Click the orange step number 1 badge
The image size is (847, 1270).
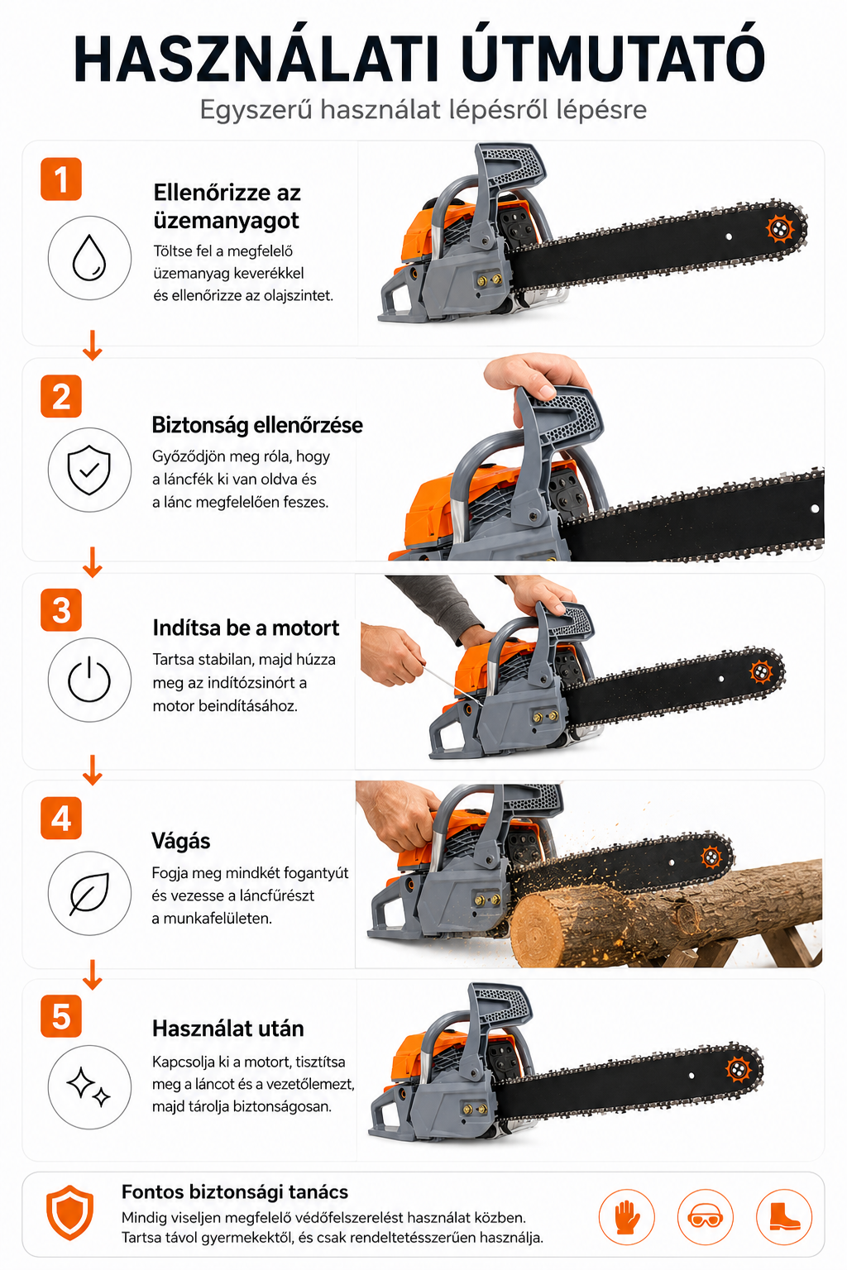click(x=61, y=179)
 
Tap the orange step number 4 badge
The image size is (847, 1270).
click(x=61, y=818)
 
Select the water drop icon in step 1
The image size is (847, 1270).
click(x=89, y=258)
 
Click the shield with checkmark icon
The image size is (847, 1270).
click(x=89, y=470)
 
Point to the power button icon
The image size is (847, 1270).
click(x=89, y=680)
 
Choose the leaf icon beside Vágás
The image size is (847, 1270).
click(x=89, y=893)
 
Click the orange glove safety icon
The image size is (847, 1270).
click(x=626, y=1217)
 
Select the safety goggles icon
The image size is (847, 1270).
click(x=706, y=1217)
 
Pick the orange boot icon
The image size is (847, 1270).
click(x=784, y=1217)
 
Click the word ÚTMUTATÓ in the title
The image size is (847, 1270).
click(x=613, y=54)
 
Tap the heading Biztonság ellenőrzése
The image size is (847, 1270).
click(x=257, y=425)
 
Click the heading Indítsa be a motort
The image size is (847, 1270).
click(x=246, y=628)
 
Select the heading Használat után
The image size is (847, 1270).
click(x=228, y=1029)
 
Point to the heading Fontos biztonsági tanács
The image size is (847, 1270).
click(x=235, y=1191)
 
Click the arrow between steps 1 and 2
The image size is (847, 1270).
click(x=92, y=345)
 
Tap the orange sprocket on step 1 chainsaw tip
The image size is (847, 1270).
click(x=780, y=229)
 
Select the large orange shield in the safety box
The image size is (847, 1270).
click(x=69, y=1212)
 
